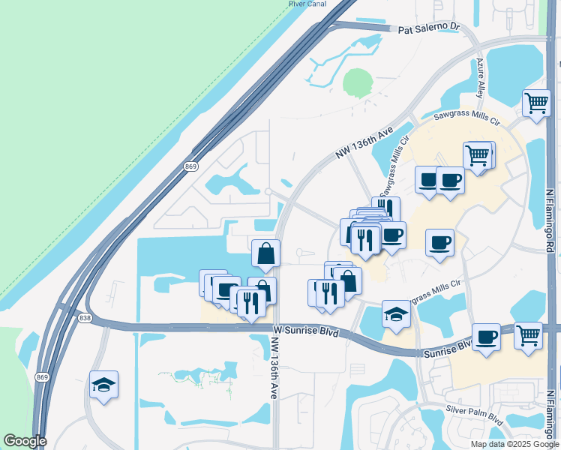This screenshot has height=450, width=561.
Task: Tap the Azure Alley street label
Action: tap(481, 77)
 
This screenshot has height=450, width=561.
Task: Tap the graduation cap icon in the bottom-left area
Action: tap(103, 385)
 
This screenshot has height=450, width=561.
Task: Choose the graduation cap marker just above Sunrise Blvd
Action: tap(396, 315)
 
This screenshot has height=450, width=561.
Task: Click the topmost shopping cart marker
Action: tap(536, 103)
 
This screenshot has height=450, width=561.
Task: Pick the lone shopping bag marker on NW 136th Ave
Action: tap(266, 254)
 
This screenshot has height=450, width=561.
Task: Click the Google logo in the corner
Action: tap(25, 441)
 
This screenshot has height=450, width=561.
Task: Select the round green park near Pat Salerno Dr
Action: tap(358, 82)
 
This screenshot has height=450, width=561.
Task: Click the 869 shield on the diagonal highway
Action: tap(190, 166)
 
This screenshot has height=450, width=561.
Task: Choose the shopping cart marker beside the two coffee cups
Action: tap(478, 156)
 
